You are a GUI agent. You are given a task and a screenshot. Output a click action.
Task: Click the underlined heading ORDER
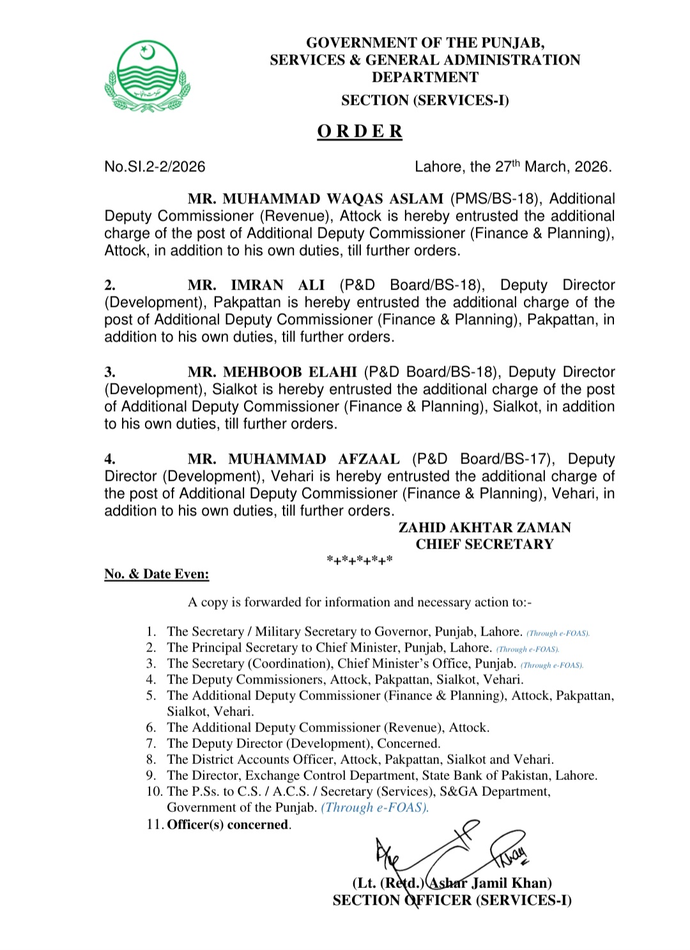click(x=360, y=131)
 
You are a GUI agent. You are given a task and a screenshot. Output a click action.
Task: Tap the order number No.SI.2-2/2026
click(x=155, y=167)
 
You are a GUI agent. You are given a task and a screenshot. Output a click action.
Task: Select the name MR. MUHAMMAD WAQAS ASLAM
click(x=315, y=199)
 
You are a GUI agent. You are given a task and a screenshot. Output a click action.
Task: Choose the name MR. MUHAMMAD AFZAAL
click(x=293, y=459)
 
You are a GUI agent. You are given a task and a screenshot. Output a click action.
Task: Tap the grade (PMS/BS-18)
click(x=494, y=199)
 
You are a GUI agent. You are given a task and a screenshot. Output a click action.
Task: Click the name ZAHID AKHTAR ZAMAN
click(x=484, y=527)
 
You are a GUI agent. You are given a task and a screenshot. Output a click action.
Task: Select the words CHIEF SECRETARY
click(x=484, y=544)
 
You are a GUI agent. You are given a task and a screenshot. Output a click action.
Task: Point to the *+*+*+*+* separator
click(x=360, y=561)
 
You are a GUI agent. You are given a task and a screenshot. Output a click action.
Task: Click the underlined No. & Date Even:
click(x=157, y=574)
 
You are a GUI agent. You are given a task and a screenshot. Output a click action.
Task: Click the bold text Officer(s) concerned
click(x=227, y=825)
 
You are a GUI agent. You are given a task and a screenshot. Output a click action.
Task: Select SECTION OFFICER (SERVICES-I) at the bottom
click(x=452, y=900)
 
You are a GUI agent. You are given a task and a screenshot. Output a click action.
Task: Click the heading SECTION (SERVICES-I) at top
click(x=425, y=100)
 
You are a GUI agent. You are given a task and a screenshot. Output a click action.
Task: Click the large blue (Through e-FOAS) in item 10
click(x=374, y=807)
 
